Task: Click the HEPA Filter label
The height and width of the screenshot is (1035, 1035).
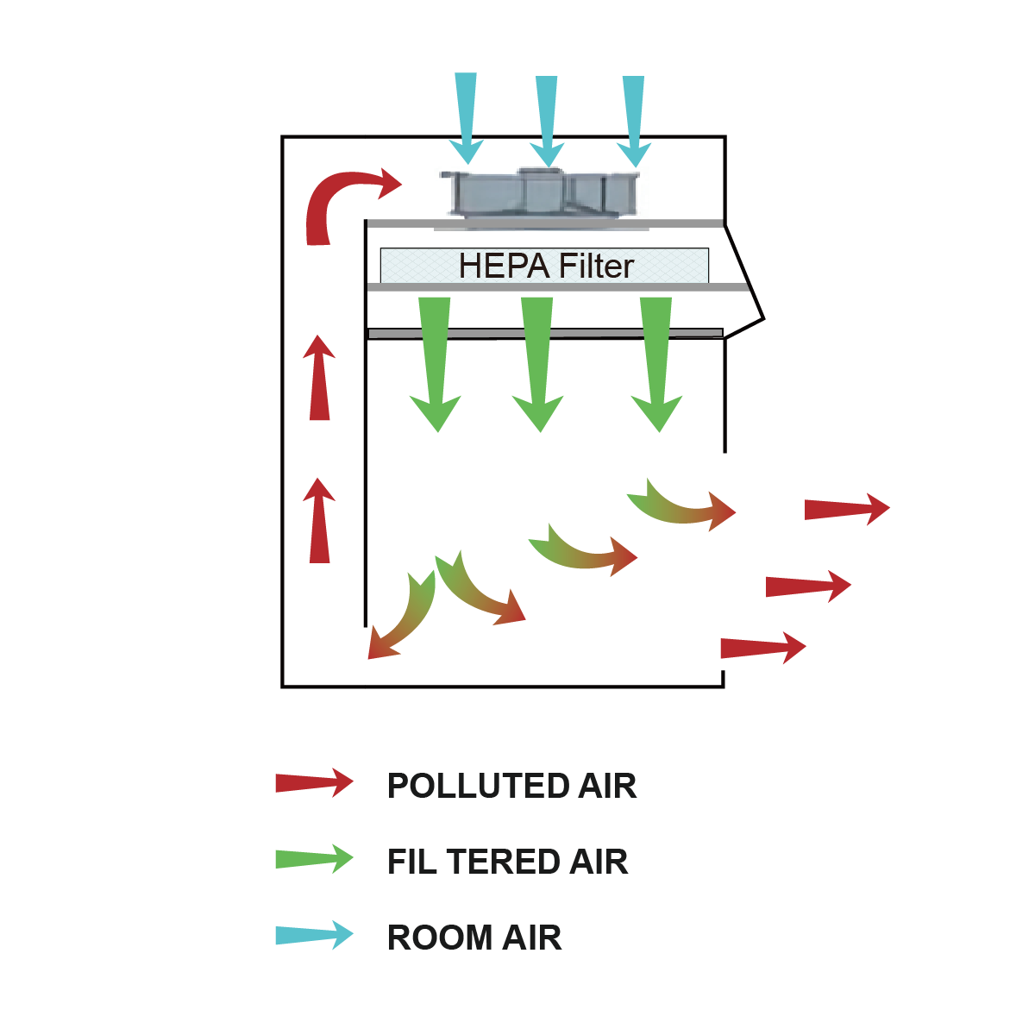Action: pos(546,266)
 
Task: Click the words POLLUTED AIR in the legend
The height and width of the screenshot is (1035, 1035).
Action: pos(511,786)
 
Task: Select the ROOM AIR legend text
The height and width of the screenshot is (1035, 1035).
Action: pos(474,938)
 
